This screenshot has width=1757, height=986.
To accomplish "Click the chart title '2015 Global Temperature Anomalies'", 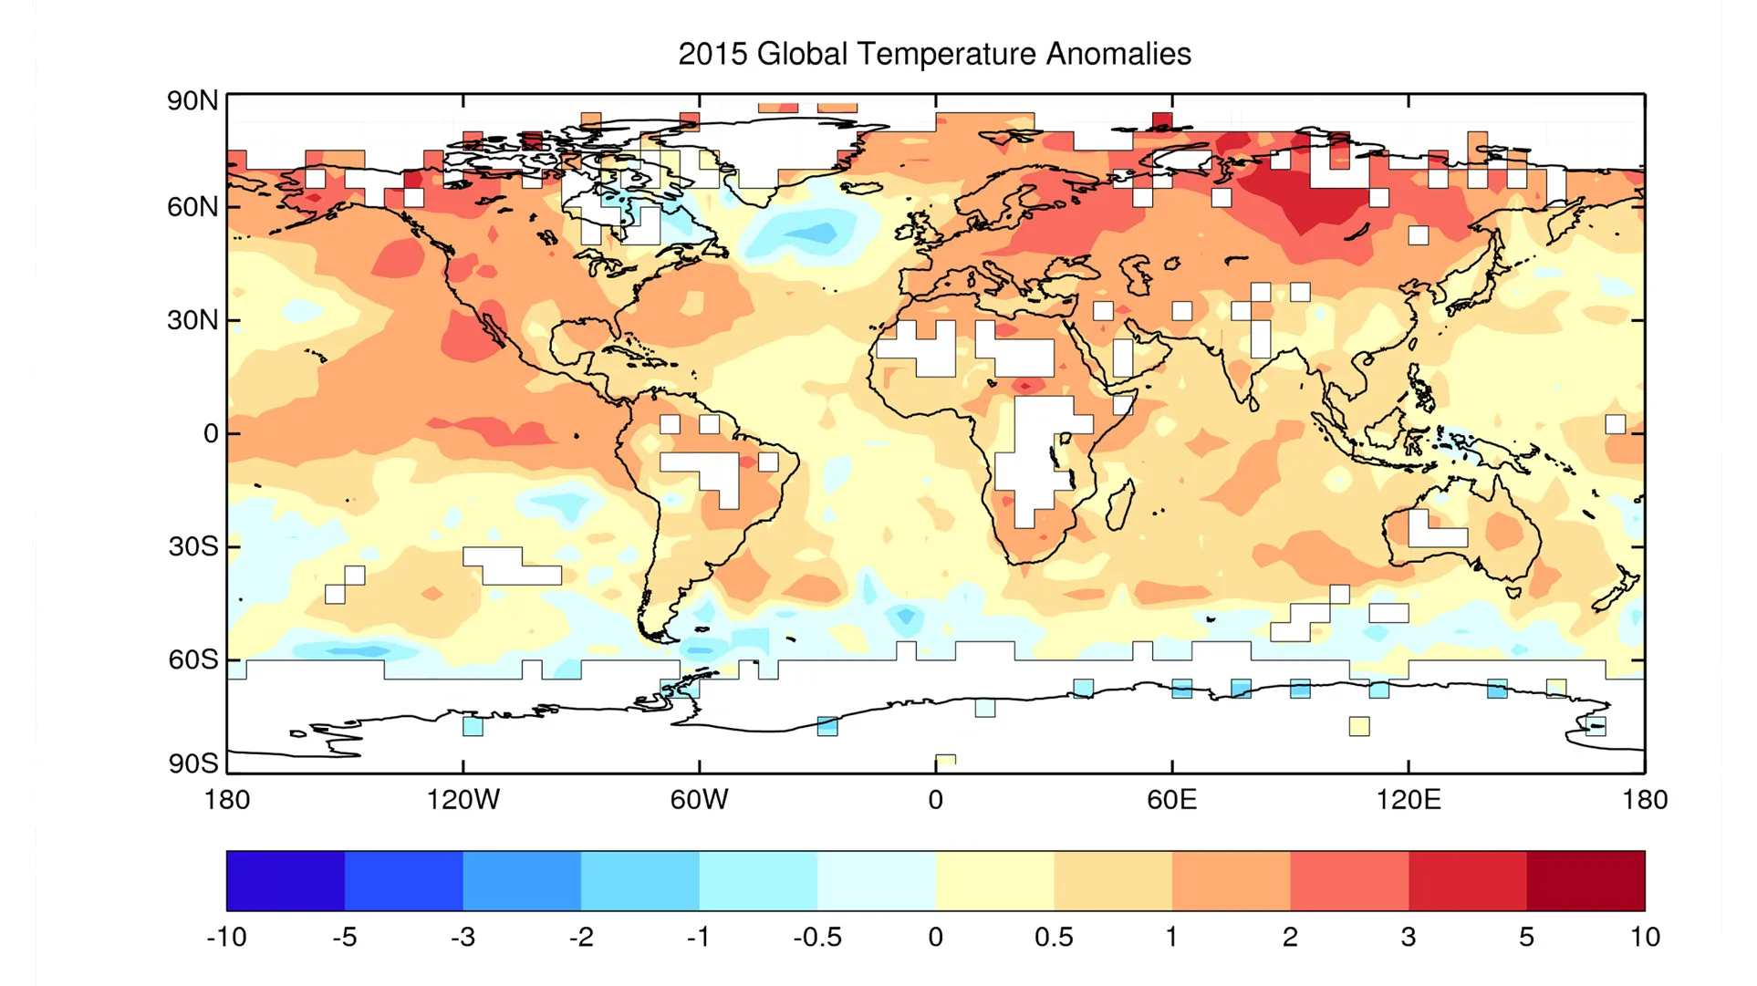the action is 934,54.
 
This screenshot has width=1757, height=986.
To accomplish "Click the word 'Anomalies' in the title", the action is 1118,54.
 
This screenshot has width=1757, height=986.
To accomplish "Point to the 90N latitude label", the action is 192,100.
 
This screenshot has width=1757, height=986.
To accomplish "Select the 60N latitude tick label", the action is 192,207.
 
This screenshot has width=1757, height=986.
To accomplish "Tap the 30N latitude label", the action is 192,320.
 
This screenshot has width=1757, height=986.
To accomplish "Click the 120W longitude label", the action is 463,800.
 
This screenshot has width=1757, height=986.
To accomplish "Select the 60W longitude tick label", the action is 699,800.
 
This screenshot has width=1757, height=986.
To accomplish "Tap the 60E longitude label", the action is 1171,800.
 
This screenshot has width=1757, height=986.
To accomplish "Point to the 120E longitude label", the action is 1409,800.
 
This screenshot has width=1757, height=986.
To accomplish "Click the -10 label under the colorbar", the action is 226,937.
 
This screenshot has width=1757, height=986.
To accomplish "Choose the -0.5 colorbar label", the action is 817,937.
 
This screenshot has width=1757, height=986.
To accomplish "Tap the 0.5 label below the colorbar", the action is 1054,937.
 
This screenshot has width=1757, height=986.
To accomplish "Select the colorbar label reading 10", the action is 1645,937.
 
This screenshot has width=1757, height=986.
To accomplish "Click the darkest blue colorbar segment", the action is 286,881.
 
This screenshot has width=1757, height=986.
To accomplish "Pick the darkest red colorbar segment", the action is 1586,881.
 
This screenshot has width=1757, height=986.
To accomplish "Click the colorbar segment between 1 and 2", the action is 1232,881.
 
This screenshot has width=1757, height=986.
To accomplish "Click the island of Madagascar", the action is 1120,504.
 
